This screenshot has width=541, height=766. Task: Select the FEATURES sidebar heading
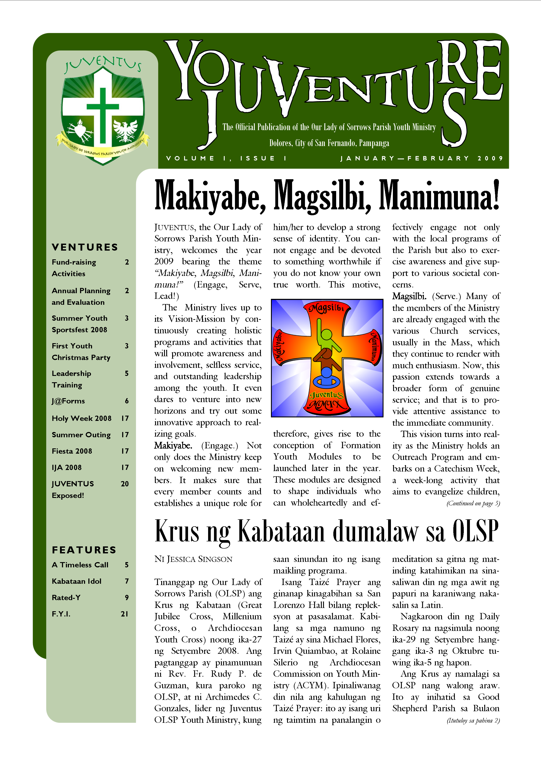[x=84, y=550]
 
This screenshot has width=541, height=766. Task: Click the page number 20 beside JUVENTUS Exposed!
[x=125, y=484]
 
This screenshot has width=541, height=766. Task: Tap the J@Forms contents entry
[x=68, y=401]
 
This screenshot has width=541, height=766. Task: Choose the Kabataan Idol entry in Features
[x=77, y=581]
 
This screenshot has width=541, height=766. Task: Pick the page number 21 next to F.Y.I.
[x=125, y=614]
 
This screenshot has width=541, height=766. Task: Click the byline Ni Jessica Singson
[x=193, y=559]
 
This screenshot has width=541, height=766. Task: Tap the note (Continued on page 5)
[x=473, y=503]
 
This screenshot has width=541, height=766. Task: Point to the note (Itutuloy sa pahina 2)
[x=473, y=721]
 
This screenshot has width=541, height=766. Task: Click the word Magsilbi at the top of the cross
[x=327, y=308]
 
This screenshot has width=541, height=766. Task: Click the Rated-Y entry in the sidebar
[x=66, y=597]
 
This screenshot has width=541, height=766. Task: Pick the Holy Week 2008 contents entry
[x=82, y=418]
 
